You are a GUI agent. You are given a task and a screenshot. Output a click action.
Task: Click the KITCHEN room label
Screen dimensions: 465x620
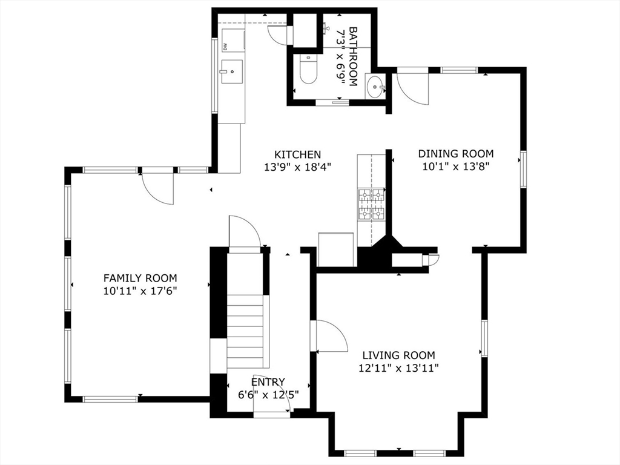pyautogui.click(x=297, y=154)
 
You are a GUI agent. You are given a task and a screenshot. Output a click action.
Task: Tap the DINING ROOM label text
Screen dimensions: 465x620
pyautogui.click(x=455, y=154)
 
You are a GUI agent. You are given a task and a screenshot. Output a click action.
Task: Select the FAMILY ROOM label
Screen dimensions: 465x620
pyautogui.click(x=140, y=278)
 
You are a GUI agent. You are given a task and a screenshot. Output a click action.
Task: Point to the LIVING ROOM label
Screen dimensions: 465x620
pyautogui.click(x=398, y=355)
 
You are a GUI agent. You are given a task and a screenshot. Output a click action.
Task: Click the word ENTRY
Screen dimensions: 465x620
pyautogui.click(x=268, y=382)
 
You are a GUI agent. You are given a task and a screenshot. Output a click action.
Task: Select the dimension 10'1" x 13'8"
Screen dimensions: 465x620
pyautogui.click(x=455, y=165)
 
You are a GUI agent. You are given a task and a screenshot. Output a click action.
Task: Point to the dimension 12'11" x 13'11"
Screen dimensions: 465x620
pyautogui.click(x=398, y=368)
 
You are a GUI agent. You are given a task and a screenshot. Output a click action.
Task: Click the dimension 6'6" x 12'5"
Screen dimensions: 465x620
pyautogui.click(x=268, y=394)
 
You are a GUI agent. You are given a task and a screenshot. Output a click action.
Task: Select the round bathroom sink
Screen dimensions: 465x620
pyautogui.click(x=375, y=87)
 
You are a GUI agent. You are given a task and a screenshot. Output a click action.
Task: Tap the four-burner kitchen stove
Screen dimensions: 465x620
pyautogui.click(x=371, y=203)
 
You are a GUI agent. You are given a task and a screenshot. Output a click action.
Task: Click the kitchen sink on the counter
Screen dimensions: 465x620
pyautogui.click(x=231, y=71)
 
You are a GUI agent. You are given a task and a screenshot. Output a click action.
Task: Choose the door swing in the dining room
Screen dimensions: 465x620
pyautogui.click(x=413, y=88)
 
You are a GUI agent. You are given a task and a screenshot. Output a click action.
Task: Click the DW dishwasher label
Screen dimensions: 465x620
pyautogui.click(x=224, y=46)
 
